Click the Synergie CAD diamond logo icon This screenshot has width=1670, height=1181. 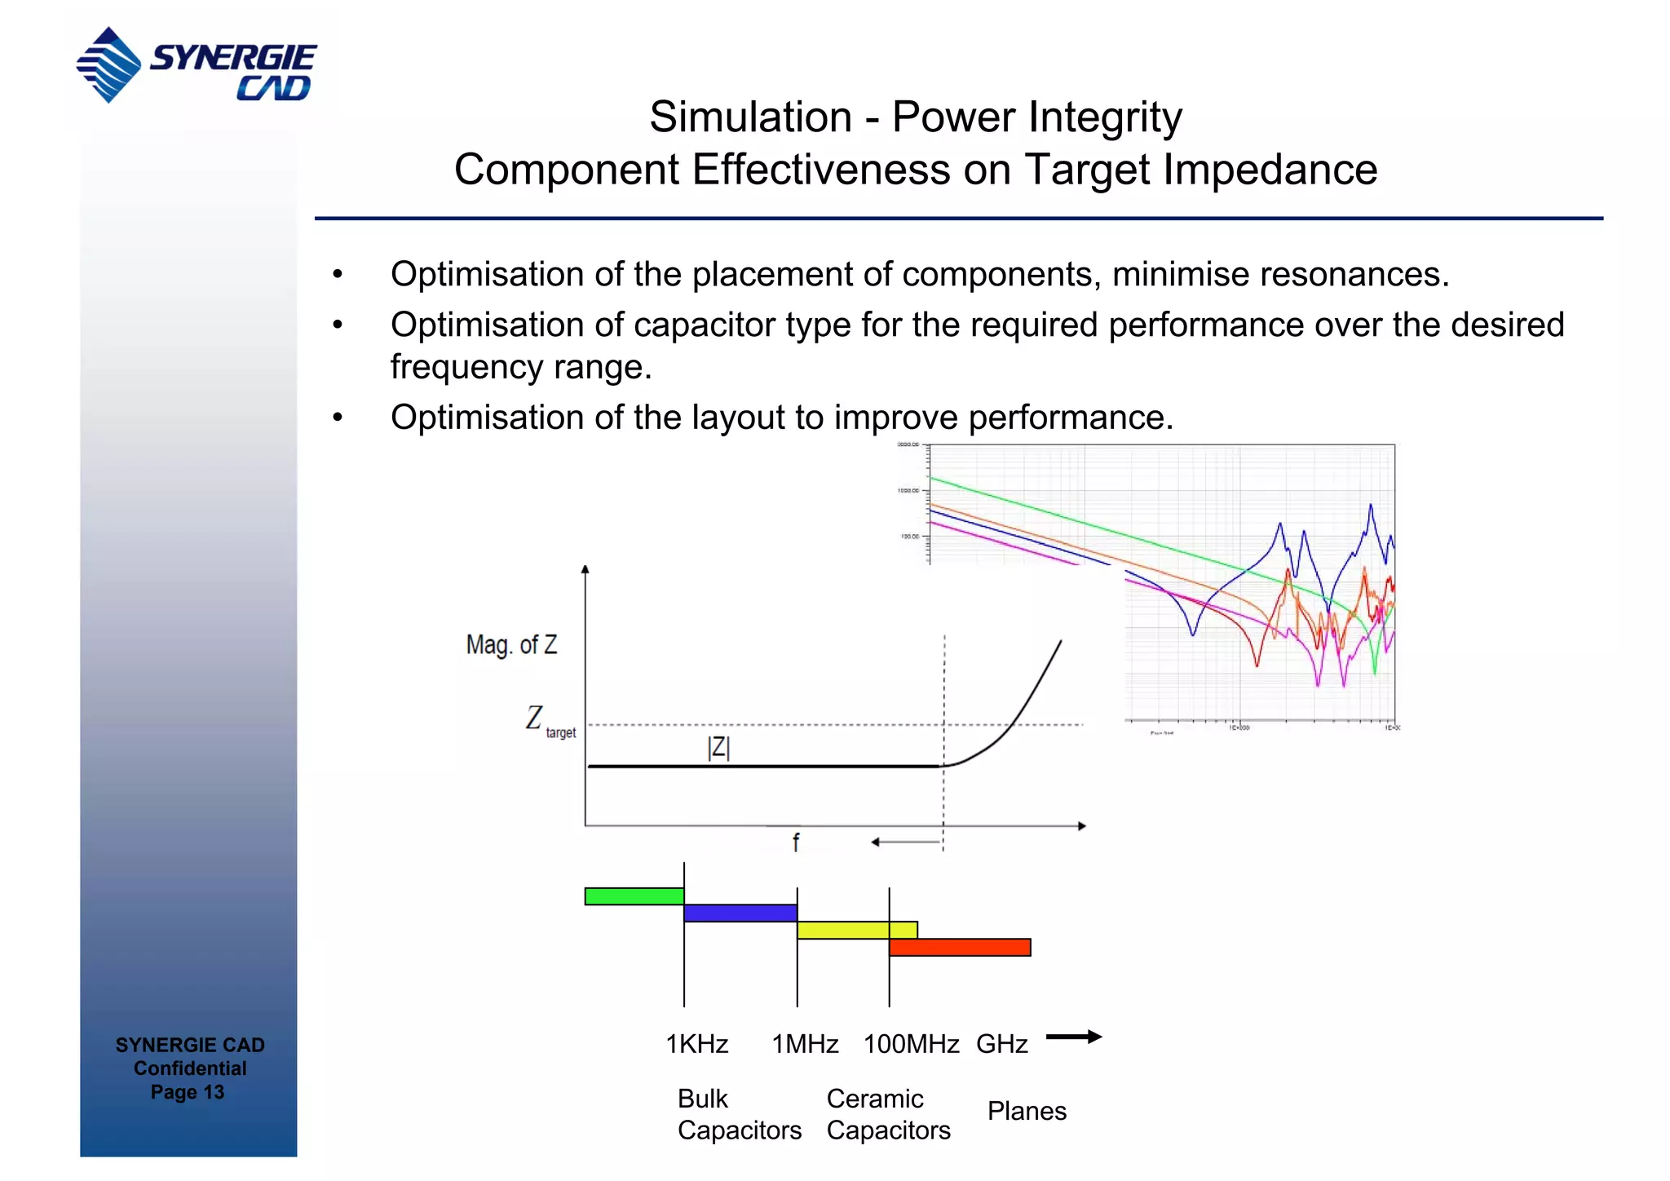(x=108, y=64)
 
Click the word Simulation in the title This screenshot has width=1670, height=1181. (x=750, y=117)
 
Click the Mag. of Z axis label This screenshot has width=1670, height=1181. (x=511, y=645)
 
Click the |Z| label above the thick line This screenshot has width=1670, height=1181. (x=718, y=747)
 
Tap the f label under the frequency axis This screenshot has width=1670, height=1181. (x=796, y=843)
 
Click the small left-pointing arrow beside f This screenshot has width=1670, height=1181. (x=905, y=842)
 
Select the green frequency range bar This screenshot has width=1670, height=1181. (x=634, y=896)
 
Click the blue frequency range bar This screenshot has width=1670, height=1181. (x=740, y=913)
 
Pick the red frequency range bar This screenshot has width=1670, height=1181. (x=960, y=947)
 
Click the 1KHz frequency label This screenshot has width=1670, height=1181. (x=696, y=1044)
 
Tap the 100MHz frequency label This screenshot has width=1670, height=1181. (x=911, y=1044)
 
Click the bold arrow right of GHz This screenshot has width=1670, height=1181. (x=1073, y=1037)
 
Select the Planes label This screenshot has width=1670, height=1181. (x=1027, y=1111)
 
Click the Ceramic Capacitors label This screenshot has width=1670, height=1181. (x=888, y=1114)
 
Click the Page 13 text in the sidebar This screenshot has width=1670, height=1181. (x=188, y=1092)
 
